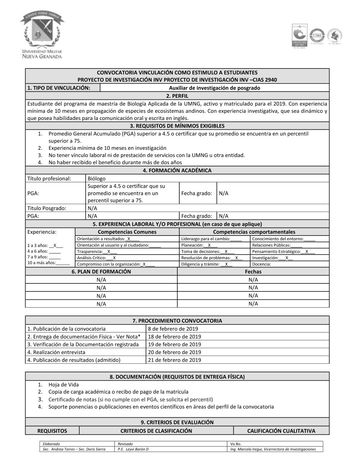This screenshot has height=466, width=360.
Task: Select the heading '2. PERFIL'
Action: click(x=177, y=96)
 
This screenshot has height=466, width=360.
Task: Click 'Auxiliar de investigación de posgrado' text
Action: click(x=214, y=88)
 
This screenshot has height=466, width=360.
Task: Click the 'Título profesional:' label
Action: click(x=49, y=178)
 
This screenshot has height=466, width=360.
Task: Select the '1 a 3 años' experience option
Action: click(x=45, y=245)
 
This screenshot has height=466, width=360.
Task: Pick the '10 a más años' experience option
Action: click(x=48, y=263)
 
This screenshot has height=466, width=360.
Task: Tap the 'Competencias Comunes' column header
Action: click(x=127, y=232)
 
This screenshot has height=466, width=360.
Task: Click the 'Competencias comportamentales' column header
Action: click(x=254, y=232)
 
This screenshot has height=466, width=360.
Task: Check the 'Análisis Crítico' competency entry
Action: click(x=96, y=258)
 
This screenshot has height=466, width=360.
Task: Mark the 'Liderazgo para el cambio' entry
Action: click(x=211, y=239)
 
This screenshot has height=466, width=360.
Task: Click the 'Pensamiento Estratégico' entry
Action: click(x=283, y=251)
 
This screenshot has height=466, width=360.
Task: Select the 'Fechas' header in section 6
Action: click(x=253, y=272)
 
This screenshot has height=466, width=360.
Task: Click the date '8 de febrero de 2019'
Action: click(x=173, y=328)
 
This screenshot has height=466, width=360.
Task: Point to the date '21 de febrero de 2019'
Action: click(x=174, y=360)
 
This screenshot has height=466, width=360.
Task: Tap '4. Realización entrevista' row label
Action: click(x=56, y=352)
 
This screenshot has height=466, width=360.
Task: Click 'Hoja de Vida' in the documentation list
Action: click(x=63, y=385)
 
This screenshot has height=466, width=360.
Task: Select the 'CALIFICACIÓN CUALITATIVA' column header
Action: click(x=281, y=431)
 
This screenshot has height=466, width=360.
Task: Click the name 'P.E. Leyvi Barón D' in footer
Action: click(x=133, y=449)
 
